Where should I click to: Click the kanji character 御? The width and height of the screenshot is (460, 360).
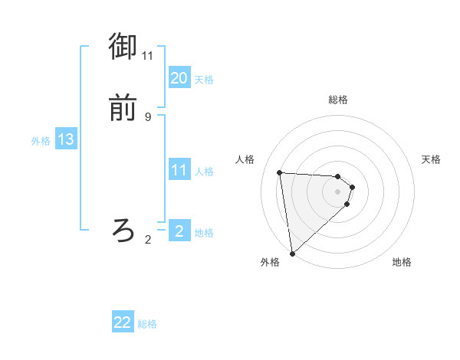point(123,47)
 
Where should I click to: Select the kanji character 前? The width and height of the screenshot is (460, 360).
point(123,108)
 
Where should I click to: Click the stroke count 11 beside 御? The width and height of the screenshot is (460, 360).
point(148,56)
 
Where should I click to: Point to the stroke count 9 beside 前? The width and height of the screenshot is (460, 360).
point(148,116)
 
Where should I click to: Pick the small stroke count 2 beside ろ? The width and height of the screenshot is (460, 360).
point(148,240)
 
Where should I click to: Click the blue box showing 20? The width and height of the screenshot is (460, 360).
point(179,78)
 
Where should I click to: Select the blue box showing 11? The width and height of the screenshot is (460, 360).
point(179,170)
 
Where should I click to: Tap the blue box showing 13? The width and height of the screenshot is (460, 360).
point(66,139)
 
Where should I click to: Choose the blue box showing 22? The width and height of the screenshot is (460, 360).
point(123,323)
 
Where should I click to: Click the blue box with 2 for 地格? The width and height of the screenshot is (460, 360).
point(179,231)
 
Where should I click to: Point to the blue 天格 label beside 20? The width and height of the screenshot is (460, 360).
point(204,79)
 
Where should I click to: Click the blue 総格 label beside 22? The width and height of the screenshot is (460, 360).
point(147,324)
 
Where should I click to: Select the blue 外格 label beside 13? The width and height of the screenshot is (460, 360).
point(41,140)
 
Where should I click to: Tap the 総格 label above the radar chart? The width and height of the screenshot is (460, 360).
point(338,100)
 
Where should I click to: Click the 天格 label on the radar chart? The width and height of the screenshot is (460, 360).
point(431,159)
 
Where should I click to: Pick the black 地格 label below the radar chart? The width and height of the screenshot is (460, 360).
point(402,262)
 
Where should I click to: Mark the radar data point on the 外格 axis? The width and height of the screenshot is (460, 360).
point(292,253)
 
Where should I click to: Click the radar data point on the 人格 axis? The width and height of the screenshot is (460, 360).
point(279,172)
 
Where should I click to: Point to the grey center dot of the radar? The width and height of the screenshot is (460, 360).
point(338,191)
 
